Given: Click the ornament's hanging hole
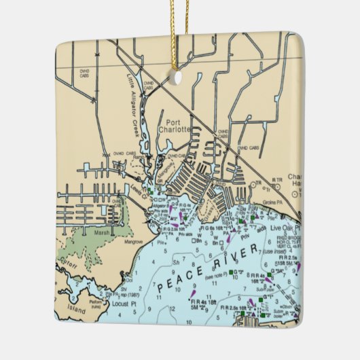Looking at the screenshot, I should coord(177,77).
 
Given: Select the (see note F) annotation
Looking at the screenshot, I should coord(219,277).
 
